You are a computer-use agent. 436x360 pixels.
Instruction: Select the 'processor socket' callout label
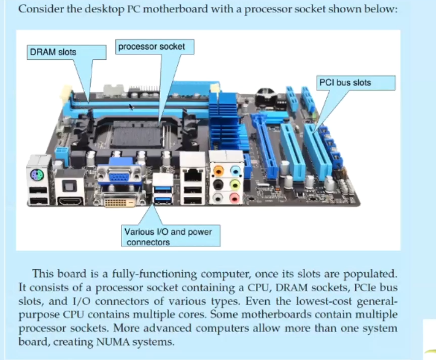152,47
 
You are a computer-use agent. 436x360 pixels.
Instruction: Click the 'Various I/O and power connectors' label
168,237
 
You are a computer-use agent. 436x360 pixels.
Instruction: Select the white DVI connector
119,202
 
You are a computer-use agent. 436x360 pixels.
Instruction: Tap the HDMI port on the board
69,201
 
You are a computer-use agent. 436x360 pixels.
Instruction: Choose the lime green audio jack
234,184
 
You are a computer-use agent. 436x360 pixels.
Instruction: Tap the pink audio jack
234,198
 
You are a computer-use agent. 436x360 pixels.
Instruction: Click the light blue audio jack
234,170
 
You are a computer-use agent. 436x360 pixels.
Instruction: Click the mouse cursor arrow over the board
131,107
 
